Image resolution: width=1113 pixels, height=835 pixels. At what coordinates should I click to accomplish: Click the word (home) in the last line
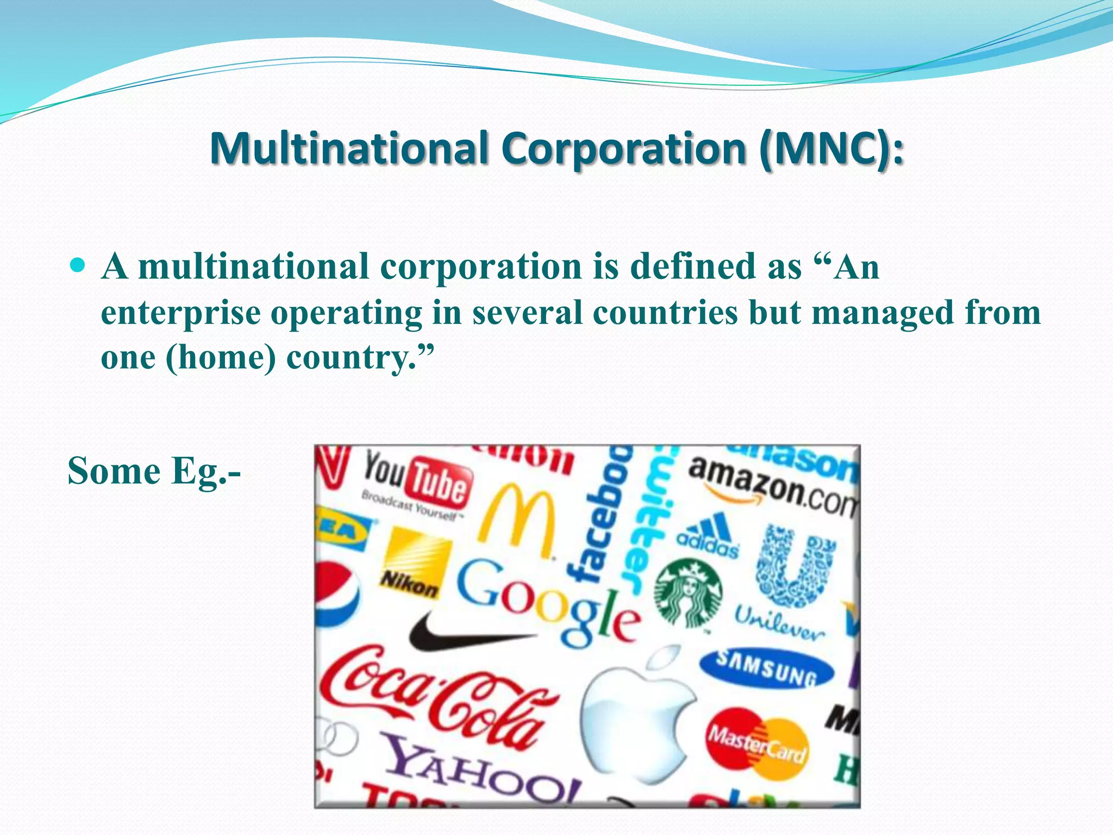221,358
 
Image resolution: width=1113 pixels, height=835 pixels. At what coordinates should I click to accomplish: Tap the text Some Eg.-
154,471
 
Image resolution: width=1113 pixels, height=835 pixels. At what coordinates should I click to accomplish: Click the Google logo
547,603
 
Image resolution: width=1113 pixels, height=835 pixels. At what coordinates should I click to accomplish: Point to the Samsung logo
766,668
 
